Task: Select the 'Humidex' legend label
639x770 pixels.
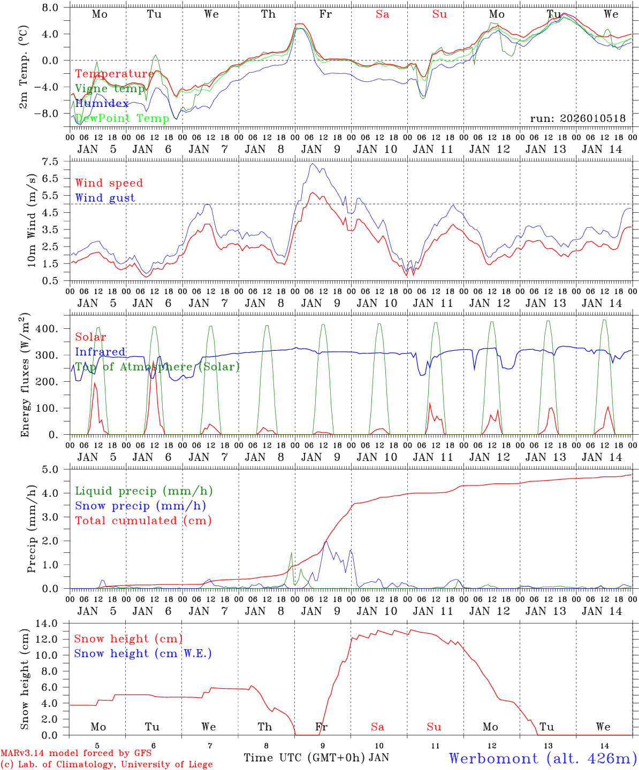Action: click(x=102, y=104)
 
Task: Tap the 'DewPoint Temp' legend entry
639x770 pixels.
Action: click(x=122, y=118)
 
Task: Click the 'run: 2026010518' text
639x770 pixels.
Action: click(x=578, y=118)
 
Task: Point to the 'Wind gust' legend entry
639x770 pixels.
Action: click(x=105, y=198)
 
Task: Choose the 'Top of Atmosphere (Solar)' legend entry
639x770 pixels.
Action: click(x=157, y=367)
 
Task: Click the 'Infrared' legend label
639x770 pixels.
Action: click(x=100, y=352)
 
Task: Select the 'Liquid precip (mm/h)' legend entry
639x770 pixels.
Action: click(x=144, y=491)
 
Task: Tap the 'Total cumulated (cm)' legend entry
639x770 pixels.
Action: click(x=143, y=520)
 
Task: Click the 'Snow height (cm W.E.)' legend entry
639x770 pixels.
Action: click(x=143, y=653)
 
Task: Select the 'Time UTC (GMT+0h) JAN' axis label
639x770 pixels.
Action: click(x=316, y=758)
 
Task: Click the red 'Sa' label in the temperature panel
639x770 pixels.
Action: click(x=382, y=14)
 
